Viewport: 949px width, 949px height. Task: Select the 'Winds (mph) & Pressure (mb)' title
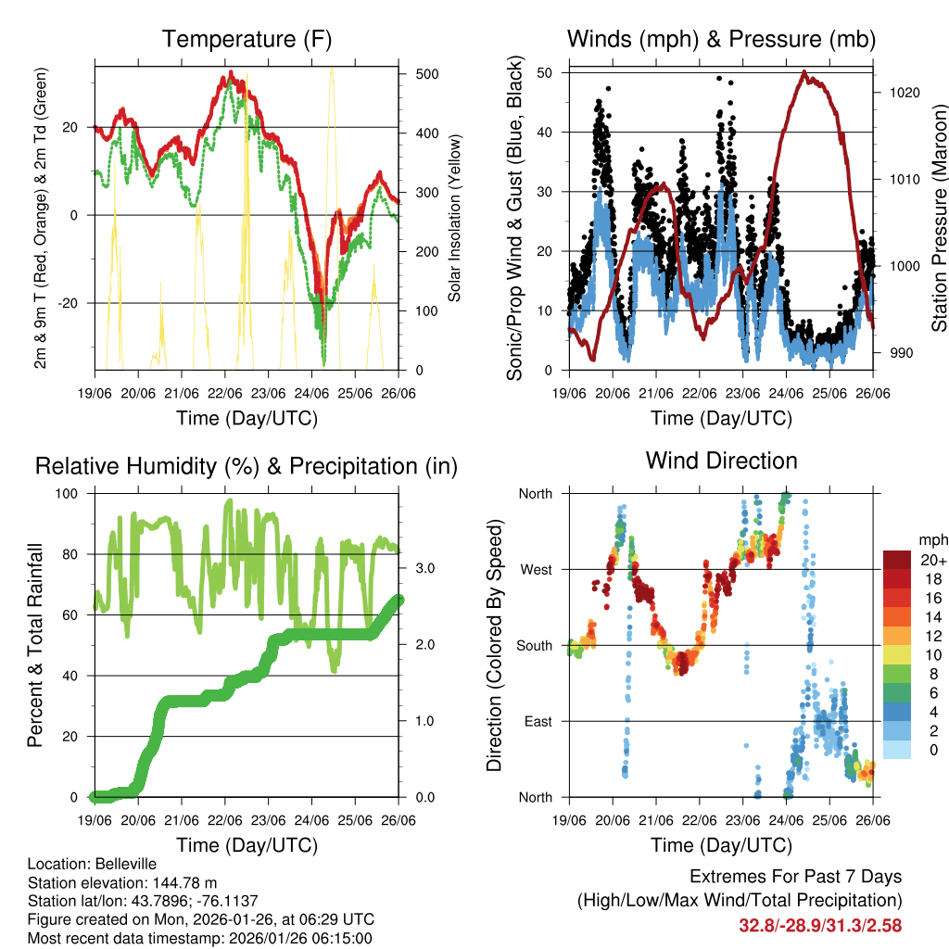(x=721, y=40)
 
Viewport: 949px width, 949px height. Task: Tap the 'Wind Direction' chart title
(x=721, y=461)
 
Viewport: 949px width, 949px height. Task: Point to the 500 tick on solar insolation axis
(x=422, y=74)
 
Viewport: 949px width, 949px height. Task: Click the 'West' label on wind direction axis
(x=535, y=569)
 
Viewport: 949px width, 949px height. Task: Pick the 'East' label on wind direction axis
(x=537, y=721)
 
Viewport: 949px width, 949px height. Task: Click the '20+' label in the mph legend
(x=932, y=560)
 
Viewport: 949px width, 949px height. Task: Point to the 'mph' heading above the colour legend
(x=932, y=538)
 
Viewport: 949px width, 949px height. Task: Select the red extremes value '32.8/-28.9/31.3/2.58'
(x=820, y=925)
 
